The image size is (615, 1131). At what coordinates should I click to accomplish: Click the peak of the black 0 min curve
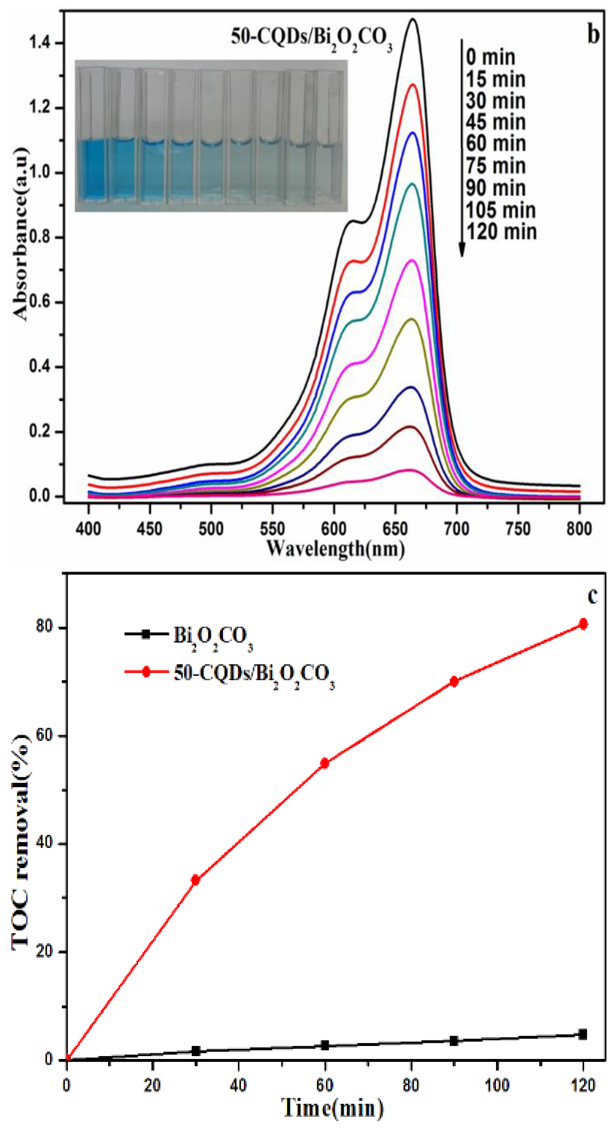click(x=413, y=19)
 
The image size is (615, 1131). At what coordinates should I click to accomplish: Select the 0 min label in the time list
click(x=490, y=57)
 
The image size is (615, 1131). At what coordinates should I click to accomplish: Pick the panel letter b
click(x=593, y=34)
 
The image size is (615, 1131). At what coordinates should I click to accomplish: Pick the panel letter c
click(x=592, y=596)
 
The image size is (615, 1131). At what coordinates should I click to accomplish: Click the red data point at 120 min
click(x=583, y=624)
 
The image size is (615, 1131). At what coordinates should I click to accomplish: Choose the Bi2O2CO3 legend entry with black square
click(x=189, y=635)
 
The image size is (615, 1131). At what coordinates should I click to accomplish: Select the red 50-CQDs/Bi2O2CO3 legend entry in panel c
click(x=228, y=673)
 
